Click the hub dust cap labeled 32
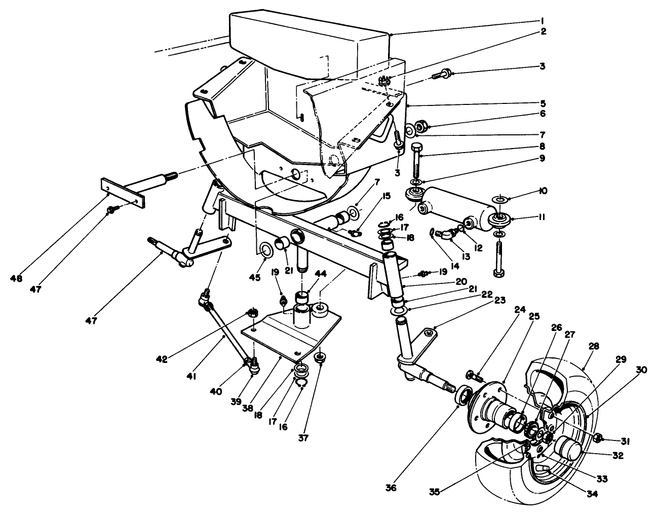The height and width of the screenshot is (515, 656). (x=568, y=449)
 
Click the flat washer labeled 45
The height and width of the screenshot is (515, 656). (x=264, y=249)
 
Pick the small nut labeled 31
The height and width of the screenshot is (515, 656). (x=597, y=438)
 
